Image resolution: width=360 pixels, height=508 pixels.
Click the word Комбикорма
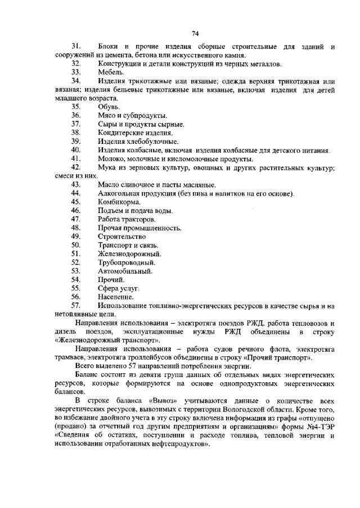pos(119,202)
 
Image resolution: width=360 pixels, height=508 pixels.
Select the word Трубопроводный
pos(124,262)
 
